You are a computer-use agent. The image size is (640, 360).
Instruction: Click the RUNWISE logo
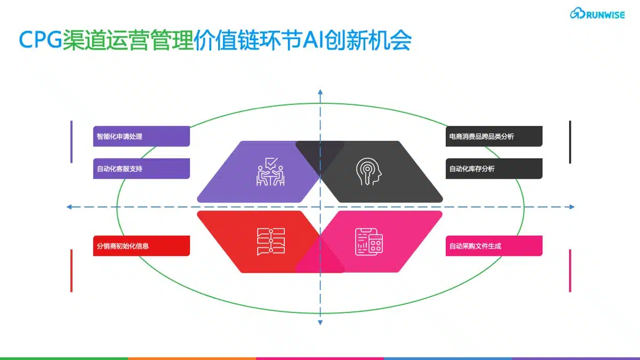click(597, 13)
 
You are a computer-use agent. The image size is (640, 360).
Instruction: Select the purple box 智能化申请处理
click(141, 137)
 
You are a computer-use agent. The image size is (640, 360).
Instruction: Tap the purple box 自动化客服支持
click(141, 169)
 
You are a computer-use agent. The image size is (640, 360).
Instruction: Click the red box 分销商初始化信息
click(141, 246)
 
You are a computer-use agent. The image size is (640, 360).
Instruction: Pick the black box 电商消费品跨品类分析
click(494, 137)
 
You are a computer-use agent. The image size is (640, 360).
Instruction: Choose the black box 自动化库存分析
click(494, 169)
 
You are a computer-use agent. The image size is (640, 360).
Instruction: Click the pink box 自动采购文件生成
click(494, 246)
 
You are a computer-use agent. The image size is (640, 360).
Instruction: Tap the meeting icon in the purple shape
click(270, 172)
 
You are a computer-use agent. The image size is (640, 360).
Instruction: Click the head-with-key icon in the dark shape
click(369, 171)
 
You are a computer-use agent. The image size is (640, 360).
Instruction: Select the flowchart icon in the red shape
click(271, 242)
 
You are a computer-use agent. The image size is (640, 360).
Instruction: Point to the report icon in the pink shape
click(369, 242)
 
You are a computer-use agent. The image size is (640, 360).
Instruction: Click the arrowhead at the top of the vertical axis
click(321, 92)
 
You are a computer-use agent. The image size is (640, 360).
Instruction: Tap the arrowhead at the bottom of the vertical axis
click(321, 323)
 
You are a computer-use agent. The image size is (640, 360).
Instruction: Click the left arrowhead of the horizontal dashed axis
click(69, 207)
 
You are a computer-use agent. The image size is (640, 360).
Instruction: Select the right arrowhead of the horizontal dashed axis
click(572, 207)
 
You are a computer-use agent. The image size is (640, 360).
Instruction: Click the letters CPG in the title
click(41, 39)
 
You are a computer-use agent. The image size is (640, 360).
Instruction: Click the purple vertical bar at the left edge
click(71, 142)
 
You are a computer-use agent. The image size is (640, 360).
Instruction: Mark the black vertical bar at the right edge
click(570, 142)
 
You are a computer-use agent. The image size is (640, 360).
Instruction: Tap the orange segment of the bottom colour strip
click(192, 358)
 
